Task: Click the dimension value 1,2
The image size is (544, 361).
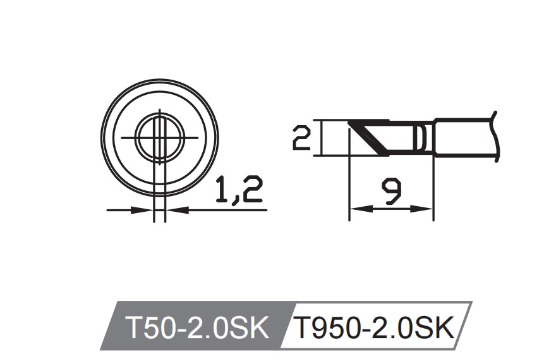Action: click(x=238, y=190)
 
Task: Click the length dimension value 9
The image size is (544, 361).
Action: click(x=392, y=191)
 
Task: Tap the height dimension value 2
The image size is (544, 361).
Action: click(x=302, y=137)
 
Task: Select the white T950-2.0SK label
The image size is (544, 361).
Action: click(x=375, y=327)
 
